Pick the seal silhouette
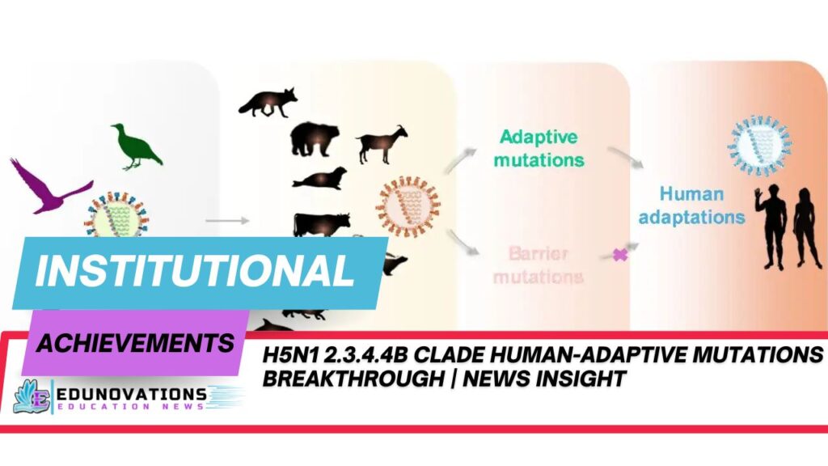coord(319,179)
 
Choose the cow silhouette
coord(322,223)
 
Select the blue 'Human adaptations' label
coord(701,205)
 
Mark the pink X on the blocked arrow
coord(620,254)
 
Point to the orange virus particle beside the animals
coord(408,206)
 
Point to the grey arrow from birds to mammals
coord(216,219)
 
